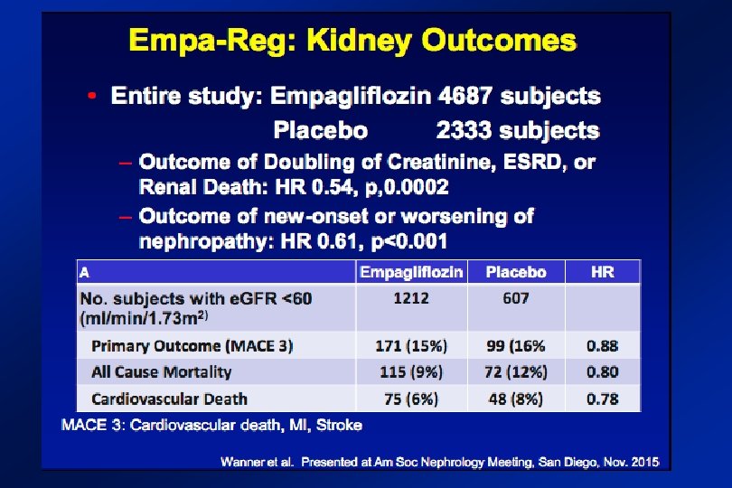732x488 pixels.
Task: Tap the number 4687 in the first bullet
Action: pyautogui.click(x=465, y=96)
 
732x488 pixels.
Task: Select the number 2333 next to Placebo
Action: pyautogui.click(x=464, y=130)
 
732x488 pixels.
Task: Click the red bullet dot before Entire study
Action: pyautogui.click(x=92, y=96)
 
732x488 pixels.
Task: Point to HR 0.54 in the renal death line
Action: pyautogui.click(x=314, y=187)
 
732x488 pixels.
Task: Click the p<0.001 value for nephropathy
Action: pyautogui.click(x=409, y=241)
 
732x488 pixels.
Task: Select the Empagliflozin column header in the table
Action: pyautogui.click(x=411, y=272)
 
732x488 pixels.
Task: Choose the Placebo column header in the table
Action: pyautogui.click(x=516, y=272)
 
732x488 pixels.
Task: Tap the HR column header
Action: pyautogui.click(x=602, y=272)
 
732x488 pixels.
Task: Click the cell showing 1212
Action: pyautogui.click(x=411, y=298)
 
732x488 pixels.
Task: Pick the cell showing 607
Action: pyautogui.click(x=516, y=298)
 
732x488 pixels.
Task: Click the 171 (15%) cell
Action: pyautogui.click(x=411, y=346)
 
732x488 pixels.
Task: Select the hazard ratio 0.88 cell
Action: pyautogui.click(x=602, y=346)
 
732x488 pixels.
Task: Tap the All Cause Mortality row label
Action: pyautogui.click(x=162, y=372)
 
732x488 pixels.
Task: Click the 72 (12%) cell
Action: pyautogui.click(x=516, y=372)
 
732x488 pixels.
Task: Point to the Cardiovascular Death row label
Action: pyautogui.click(x=170, y=399)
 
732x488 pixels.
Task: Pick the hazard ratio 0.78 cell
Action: pyautogui.click(x=602, y=399)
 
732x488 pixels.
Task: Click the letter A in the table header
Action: pyautogui.click(x=84, y=272)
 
